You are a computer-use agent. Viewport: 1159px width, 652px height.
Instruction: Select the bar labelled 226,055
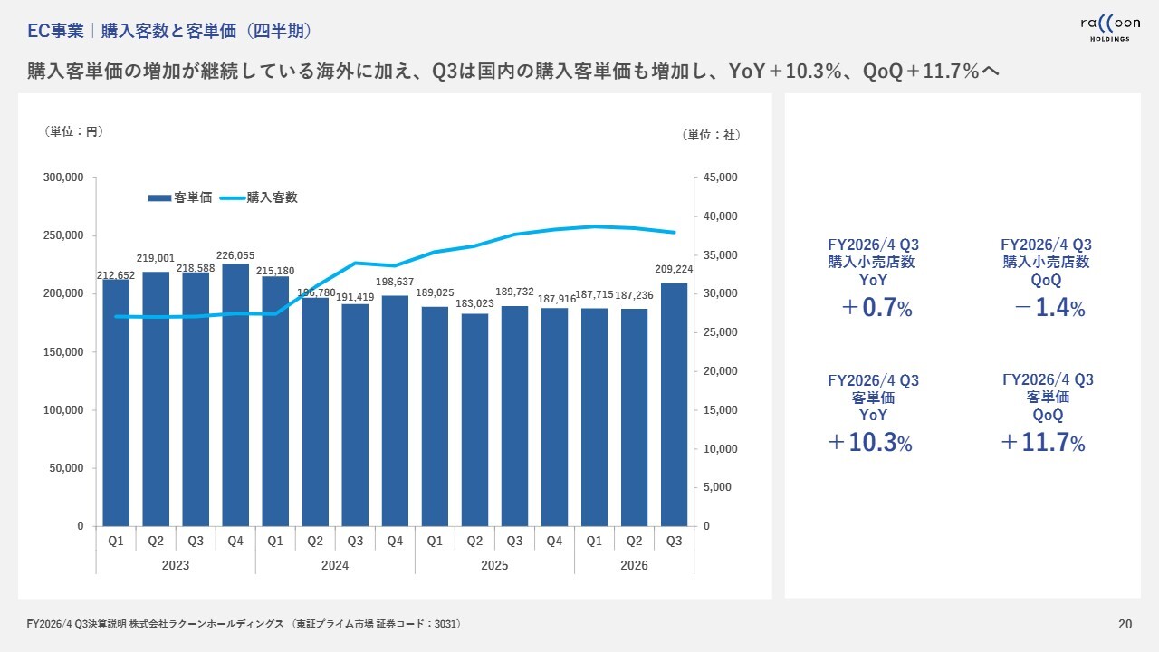pyautogui.click(x=235, y=394)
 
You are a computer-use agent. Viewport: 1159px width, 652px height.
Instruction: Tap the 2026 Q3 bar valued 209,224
pyautogui.click(x=674, y=404)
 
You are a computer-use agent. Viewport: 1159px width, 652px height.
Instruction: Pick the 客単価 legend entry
pyautogui.click(x=180, y=197)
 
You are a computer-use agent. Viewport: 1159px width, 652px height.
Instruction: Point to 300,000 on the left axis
pyautogui.click(x=64, y=177)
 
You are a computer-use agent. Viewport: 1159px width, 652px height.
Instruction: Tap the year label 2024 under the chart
pyautogui.click(x=335, y=565)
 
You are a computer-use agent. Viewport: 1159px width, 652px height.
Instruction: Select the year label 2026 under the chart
pyautogui.click(x=634, y=565)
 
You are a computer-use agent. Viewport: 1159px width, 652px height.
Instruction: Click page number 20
pyautogui.click(x=1125, y=624)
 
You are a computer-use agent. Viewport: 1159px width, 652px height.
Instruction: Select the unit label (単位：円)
pyautogui.click(x=74, y=132)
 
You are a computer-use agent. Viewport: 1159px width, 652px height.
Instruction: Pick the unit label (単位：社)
pyautogui.click(x=711, y=135)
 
